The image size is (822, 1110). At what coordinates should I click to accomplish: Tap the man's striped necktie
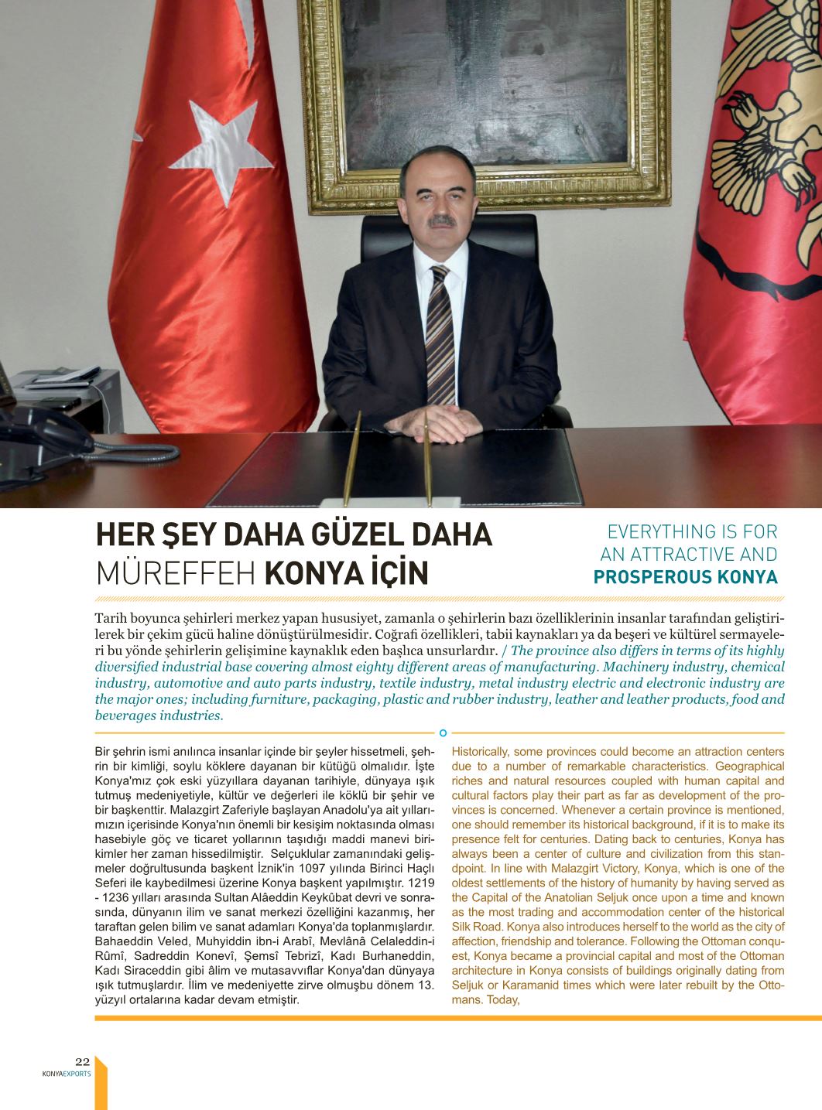point(441,333)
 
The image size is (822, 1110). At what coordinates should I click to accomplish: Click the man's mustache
point(444,221)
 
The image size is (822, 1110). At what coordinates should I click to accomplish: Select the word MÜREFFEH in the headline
point(176,573)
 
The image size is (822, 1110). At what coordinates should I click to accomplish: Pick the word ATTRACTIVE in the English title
point(676,555)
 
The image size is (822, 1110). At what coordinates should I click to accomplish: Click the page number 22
point(83,1061)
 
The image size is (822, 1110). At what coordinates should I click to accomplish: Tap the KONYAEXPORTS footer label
point(67,1074)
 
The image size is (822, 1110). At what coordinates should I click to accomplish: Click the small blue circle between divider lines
point(443,732)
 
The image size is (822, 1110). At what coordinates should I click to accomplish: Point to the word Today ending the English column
point(504,999)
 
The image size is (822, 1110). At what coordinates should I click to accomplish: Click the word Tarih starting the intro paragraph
point(110,618)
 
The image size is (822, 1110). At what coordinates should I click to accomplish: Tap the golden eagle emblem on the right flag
point(766,131)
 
